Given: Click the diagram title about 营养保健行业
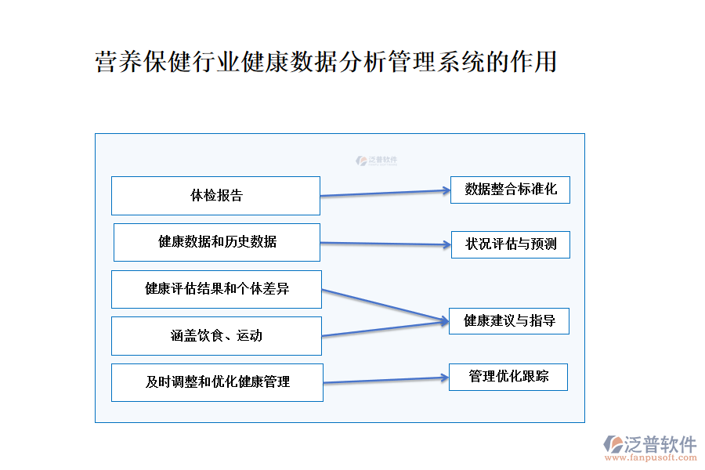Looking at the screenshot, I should pos(325,62).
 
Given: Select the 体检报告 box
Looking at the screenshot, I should pos(215,196).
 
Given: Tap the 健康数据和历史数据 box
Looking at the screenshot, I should pos(217,242).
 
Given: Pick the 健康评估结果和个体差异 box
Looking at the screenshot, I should pos(216,289).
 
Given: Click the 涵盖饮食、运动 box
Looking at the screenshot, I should pos(216,336).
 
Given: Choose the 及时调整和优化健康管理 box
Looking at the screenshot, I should pos(217,382).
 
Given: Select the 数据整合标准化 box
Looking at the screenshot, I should pos(510,190).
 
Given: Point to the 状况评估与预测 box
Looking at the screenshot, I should pos(510,244).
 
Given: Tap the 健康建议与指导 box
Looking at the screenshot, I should pos(508,321).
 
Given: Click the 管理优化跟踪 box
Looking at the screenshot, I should pos(508,377).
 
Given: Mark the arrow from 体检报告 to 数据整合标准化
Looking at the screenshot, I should pos(385,193).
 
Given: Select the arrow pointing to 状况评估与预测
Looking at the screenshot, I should pos(385,244).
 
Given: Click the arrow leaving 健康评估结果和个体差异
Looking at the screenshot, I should pos(384,305).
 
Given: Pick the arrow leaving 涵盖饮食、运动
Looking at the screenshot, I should pos(384,328).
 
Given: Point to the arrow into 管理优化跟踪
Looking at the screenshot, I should pos(385,380).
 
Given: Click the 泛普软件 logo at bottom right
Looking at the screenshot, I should pos(649,444).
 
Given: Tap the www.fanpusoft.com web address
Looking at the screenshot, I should pos(657,458).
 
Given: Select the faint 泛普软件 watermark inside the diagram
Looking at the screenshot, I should pos(377,161).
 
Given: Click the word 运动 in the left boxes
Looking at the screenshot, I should pos(250,336).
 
